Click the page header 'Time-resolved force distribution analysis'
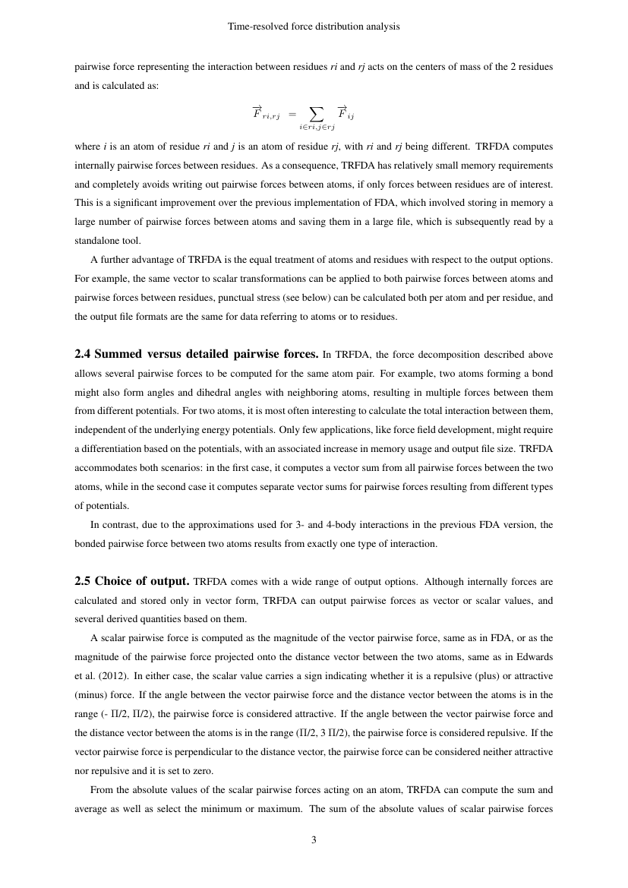[x=314, y=27]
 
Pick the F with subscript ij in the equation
[x=346, y=114]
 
